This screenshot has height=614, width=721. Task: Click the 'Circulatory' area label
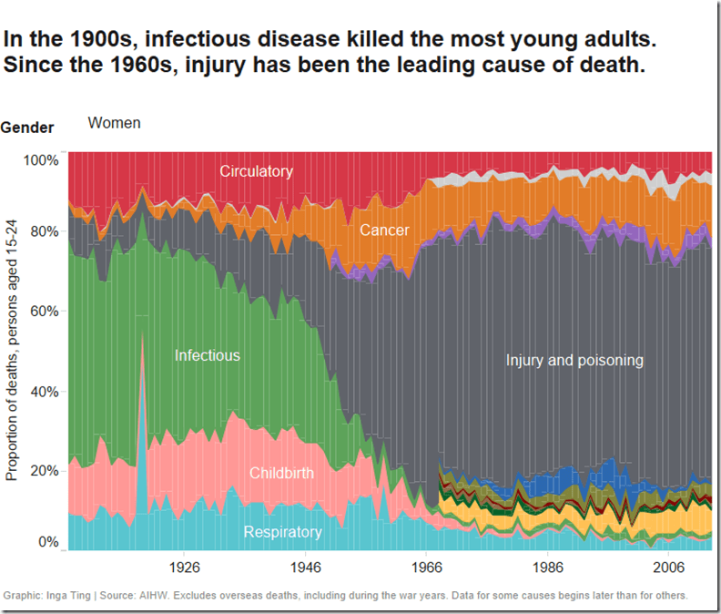(x=256, y=171)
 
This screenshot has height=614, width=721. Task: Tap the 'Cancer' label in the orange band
(x=384, y=230)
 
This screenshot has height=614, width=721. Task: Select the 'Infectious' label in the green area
(x=207, y=355)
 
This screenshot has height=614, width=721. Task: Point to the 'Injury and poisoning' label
(x=574, y=360)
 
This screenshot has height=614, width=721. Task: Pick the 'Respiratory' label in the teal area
(x=282, y=532)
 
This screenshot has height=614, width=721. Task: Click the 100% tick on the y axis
(x=41, y=159)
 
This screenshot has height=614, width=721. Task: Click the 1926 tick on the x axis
(x=184, y=566)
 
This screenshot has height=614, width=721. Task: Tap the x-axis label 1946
(x=305, y=566)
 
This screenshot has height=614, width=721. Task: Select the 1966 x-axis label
(x=426, y=566)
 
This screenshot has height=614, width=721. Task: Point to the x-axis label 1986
(x=547, y=566)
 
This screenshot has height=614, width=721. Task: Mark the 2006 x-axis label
(x=668, y=566)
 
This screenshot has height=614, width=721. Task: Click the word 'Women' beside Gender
(x=114, y=123)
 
